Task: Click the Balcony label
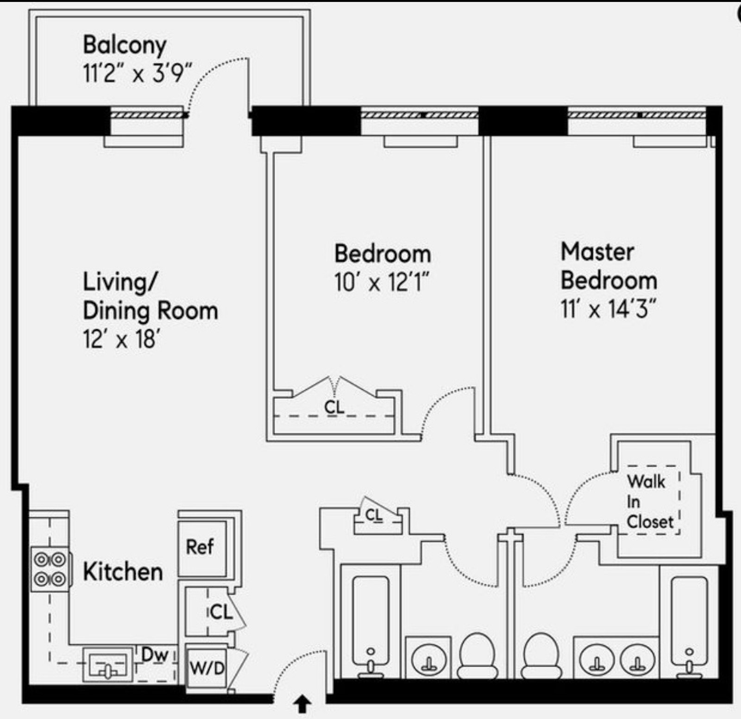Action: point(125,45)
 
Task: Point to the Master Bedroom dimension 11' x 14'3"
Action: point(609,309)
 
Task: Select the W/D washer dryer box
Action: point(207,668)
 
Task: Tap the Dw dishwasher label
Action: point(154,655)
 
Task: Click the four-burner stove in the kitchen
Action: point(50,569)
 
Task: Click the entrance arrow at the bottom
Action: point(303,705)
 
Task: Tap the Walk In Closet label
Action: point(650,502)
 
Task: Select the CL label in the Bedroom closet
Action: point(334,407)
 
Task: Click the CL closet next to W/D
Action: point(220,613)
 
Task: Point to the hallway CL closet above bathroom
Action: point(374,515)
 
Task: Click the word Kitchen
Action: point(123,572)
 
